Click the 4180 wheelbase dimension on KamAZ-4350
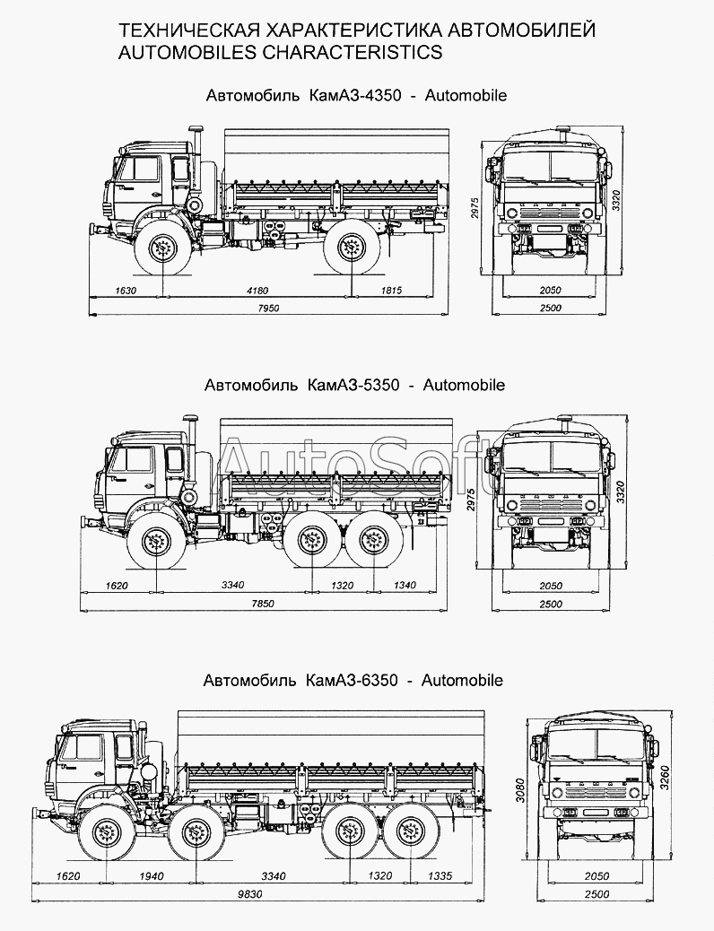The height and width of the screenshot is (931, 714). [x=257, y=291]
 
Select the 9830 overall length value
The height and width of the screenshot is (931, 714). [x=250, y=894]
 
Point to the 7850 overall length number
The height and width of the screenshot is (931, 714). [x=263, y=604]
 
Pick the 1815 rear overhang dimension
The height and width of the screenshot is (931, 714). [x=391, y=291]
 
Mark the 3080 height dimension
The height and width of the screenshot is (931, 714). [x=520, y=790]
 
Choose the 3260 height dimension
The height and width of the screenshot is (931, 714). [x=665, y=779]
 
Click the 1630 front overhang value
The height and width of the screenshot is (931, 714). [x=126, y=291]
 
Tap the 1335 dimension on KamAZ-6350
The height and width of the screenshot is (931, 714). [x=440, y=875]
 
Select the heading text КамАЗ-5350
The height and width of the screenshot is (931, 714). [x=353, y=385]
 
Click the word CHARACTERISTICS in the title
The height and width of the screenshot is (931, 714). [x=351, y=52]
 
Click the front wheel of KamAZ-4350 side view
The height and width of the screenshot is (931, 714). [x=162, y=248]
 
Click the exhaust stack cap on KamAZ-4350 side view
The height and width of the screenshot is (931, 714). [x=196, y=128]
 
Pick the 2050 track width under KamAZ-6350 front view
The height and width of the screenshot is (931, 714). [x=597, y=875]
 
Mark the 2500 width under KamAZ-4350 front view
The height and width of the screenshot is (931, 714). [x=551, y=309]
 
